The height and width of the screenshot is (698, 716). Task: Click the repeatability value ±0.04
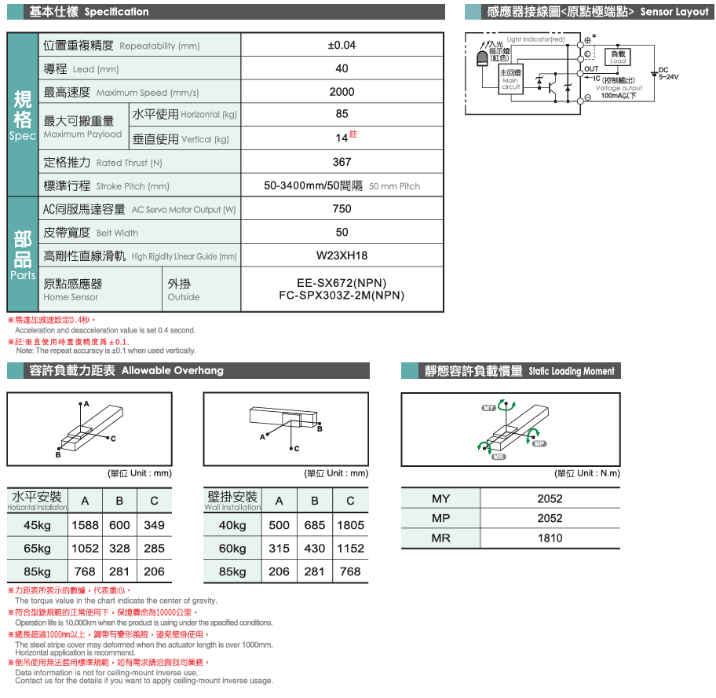tap(342, 45)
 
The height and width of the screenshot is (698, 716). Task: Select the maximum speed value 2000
tap(342, 92)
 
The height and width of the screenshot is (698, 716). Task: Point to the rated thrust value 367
tap(342, 162)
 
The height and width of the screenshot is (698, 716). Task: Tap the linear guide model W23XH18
tap(342, 256)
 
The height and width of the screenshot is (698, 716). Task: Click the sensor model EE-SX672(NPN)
tap(342, 283)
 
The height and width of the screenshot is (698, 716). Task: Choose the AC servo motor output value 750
tap(342, 209)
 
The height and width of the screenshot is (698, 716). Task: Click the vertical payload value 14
tap(341, 138)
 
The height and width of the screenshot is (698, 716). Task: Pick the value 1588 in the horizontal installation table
tap(85, 525)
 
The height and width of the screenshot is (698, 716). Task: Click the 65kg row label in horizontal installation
tap(37, 549)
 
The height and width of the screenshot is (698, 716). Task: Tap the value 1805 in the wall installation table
tap(350, 525)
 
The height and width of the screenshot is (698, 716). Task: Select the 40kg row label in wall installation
tap(232, 525)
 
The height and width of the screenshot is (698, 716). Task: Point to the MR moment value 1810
tap(550, 538)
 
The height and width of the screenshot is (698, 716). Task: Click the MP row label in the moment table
tap(440, 519)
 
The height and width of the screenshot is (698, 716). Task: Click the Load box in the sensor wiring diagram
tap(618, 57)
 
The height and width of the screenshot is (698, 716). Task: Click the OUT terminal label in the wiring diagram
tap(592, 69)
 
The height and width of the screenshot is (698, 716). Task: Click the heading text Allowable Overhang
tap(172, 371)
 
